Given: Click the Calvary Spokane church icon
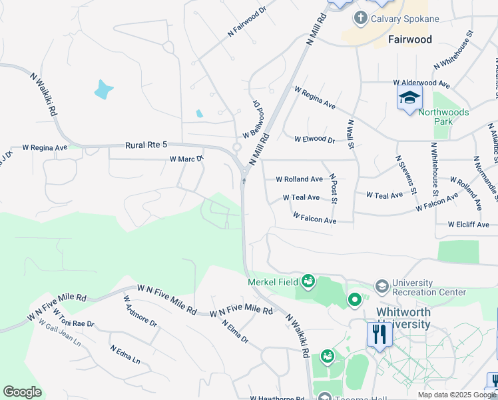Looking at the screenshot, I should tap(360, 18).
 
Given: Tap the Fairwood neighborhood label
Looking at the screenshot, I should tap(409, 39).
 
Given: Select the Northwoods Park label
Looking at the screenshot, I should tap(443, 117).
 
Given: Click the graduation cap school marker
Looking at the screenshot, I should tap(409, 99).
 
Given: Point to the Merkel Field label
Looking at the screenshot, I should tap(273, 282).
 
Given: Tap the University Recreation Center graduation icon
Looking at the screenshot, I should tap(381, 287).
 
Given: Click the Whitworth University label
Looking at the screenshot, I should tap(403, 318).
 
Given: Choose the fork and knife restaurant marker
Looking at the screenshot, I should tap(379, 333).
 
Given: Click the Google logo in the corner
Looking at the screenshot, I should tap(22, 392).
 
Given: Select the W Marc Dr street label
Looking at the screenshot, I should tap(186, 159).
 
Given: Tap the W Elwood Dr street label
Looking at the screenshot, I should tap(314, 139).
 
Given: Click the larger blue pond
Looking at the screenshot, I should tap(103, 89).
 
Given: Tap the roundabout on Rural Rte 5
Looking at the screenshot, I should tap(236, 147).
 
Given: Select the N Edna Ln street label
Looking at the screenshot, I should tap(125, 355).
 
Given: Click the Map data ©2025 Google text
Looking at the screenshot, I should tap(457, 395).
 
